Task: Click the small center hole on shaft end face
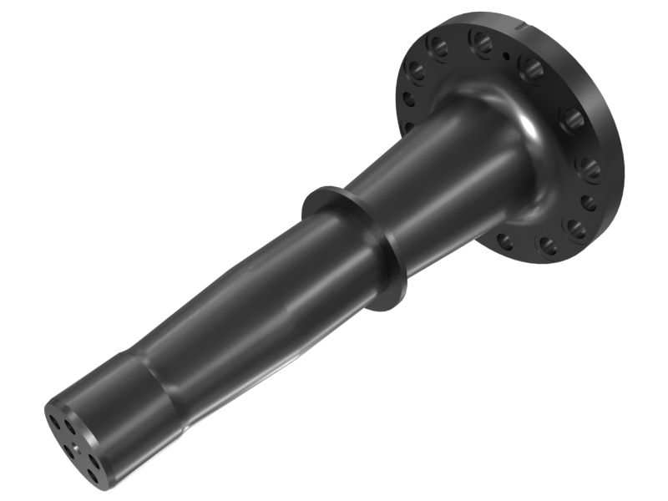pos(75,448)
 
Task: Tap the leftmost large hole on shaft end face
pos(54,423)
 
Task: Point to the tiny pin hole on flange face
pos(505,56)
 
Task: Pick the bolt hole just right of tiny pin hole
pos(532,68)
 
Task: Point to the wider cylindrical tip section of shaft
pos(125,409)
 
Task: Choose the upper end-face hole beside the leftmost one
pos(69,427)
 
